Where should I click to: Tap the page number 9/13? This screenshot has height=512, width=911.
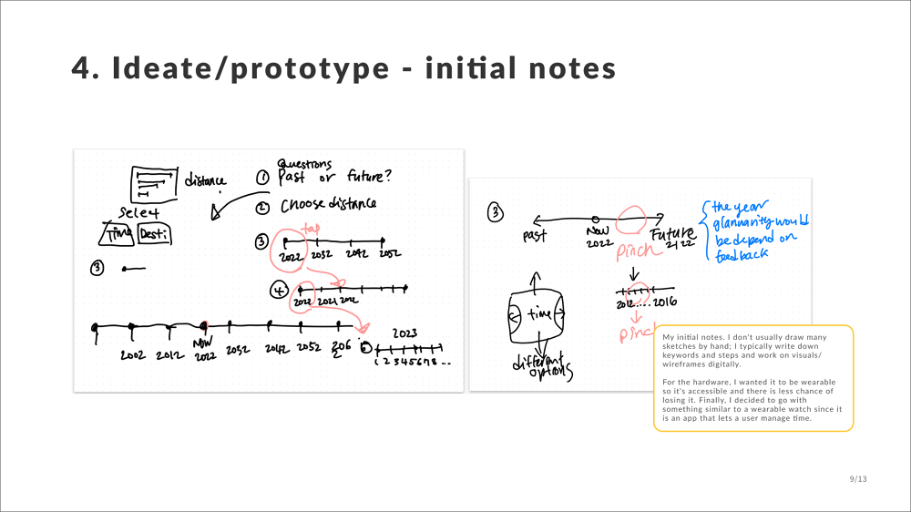point(857,478)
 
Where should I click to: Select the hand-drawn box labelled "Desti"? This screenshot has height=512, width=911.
point(153,234)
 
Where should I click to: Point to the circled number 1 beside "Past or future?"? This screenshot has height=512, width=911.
point(262,179)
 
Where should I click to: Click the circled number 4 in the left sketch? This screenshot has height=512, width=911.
point(278,290)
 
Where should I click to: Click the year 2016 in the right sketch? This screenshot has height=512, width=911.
point(664,302)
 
